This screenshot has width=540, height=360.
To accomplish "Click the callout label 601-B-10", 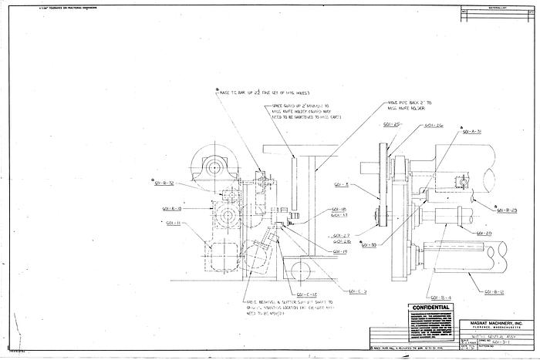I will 172,208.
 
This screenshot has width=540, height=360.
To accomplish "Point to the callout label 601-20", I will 484,232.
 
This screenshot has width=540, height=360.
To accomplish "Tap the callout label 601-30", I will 368,245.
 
